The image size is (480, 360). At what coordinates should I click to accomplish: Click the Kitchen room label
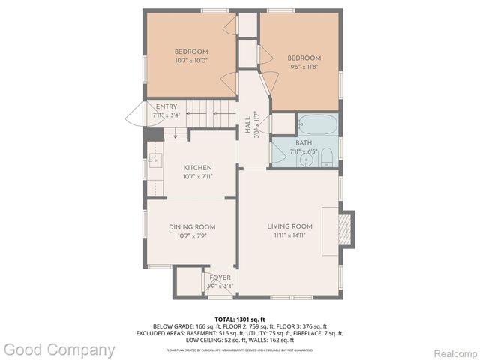coord(197,167)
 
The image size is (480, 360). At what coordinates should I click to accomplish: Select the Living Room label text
coord(289,226)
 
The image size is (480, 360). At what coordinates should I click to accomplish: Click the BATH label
coord(304,142)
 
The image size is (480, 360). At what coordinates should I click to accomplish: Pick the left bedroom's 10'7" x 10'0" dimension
coord(191,60)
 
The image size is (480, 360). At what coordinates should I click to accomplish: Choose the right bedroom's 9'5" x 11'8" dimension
coord(304,67)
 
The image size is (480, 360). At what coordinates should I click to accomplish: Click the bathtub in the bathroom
coord(318,124)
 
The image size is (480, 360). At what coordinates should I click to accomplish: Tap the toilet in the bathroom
coord(326,157)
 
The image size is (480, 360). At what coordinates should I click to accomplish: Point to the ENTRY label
coord(166,107)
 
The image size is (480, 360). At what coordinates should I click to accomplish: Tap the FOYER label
coord(220,277)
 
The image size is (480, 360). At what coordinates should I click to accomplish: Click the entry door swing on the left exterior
coord(135,114)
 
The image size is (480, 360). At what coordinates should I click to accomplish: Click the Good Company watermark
coord(59,349)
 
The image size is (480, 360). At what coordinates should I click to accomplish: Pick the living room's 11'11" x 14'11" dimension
coord(289,235)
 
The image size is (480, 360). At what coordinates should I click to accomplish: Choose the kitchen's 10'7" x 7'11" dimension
coord(197,176)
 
